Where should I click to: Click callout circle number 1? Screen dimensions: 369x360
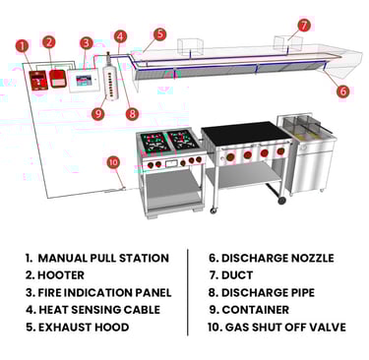23,46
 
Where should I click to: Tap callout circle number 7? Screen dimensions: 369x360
304,26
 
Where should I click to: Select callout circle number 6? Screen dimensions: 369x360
342,90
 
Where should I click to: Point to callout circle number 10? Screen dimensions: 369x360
113,162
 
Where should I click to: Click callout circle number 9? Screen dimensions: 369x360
97,113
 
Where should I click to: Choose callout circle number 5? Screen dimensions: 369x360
159,34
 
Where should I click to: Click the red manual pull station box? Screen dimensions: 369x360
38,81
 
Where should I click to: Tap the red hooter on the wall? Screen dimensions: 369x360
58,79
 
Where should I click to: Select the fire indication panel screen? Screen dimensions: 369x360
84,80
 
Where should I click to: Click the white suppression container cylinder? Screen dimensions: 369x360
110,78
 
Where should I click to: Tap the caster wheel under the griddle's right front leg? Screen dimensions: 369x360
281,200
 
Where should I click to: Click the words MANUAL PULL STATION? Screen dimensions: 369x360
103,258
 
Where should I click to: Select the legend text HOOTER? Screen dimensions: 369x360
61,275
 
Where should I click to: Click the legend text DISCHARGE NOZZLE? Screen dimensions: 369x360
277,258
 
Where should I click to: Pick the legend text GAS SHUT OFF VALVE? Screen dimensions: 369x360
285,328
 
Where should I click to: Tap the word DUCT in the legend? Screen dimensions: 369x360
237,275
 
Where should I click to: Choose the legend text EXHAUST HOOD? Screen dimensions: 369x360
84,328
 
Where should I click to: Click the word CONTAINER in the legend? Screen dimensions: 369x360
256,310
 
